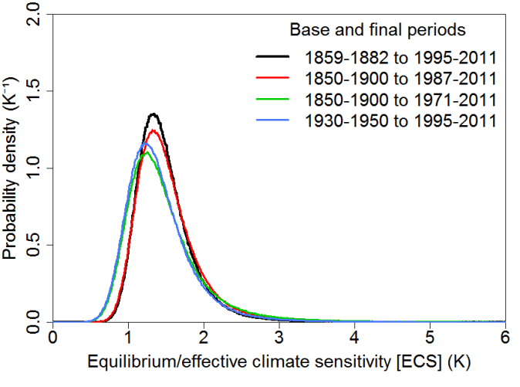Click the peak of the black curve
click(154, 114)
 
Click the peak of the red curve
click(154, 131)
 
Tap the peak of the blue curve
click(144, 143)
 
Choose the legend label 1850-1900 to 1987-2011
click(400, 78)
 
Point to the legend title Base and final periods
click(376, 30)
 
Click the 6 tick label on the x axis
click(505, 338)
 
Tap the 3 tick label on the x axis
click(279, 338)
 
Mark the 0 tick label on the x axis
click(52, 338)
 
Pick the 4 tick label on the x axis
click(354, 338)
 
